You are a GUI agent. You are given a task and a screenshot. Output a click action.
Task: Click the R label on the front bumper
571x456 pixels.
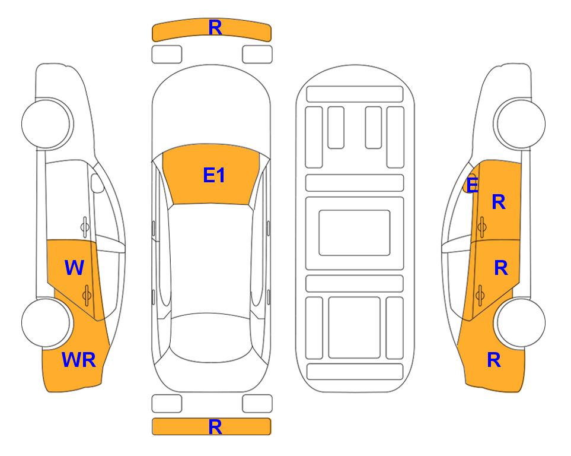pos(215,28)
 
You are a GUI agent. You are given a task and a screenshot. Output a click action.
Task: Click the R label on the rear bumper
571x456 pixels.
pos(215,427)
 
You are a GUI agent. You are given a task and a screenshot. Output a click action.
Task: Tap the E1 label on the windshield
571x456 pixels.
pos(214,175)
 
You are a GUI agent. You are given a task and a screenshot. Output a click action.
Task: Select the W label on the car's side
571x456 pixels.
pos(74,267)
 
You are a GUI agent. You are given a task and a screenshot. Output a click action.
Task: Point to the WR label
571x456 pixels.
pos(79,360)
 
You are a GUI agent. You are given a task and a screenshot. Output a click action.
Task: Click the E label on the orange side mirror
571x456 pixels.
pos(472,185)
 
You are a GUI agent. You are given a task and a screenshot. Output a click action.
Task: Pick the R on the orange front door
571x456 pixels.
pos(499,202)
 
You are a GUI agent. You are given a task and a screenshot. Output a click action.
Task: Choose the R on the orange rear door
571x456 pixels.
pos(500,268)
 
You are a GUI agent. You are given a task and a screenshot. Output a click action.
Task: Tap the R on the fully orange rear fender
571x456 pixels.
pos(494,360)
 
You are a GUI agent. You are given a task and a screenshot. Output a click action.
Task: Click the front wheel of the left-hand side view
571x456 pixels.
pos(46,123)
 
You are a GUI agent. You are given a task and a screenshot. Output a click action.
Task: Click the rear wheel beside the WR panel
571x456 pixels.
pos(46,322)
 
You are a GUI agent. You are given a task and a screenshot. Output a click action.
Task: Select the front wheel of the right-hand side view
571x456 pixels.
pos(521,123)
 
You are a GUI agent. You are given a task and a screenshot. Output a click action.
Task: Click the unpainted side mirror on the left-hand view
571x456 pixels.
pos(97,183)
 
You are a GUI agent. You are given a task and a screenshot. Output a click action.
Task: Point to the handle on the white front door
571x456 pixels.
pos(85,227)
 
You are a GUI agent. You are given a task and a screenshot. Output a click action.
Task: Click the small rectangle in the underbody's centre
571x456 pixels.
pos(355,233)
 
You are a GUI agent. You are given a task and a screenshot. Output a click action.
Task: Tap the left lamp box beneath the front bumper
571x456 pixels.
pos(167,55)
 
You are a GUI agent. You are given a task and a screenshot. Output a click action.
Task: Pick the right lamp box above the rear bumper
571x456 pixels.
pos(257,404)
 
